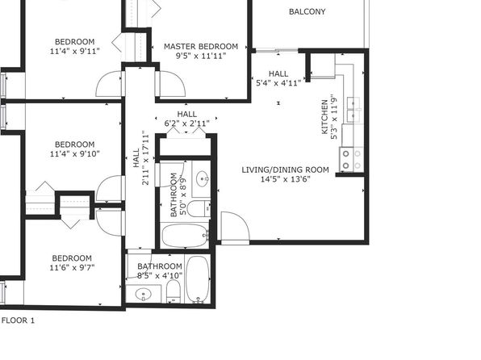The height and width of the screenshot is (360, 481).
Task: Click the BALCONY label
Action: tap(307, 11)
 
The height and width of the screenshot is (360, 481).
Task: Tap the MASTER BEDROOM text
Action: tap(201, 46)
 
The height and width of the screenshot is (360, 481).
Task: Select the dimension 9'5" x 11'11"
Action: tap(201, 56)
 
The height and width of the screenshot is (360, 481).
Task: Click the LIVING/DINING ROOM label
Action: tap(285, 170)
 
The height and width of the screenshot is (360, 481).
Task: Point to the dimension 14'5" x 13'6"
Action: tap(285, 179)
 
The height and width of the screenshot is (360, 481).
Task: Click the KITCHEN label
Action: tap(324, 117)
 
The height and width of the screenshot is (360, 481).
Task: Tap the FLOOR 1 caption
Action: tap(18, 320)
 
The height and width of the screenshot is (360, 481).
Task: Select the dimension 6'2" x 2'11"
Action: tap(187, 123)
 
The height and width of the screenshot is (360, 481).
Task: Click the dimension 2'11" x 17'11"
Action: tap(145, 157)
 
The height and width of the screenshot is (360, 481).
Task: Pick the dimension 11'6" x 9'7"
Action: tap(72, 268)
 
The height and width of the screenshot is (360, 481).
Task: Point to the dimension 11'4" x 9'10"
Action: tap(74, 153)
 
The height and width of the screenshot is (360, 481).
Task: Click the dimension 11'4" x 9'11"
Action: tap(74, 51)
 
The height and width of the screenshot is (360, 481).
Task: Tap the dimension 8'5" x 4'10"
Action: tap(160, 275)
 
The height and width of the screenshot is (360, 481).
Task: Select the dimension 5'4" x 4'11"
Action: tap(278, 83)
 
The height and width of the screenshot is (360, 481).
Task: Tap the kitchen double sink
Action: tap(354, 110)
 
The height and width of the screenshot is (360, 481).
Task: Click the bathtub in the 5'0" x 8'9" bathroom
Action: tap(185, 236)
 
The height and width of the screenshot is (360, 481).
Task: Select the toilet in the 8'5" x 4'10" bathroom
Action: tap(174, 291)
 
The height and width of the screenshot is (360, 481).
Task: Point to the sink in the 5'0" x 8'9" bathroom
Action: tap(203, 178)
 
